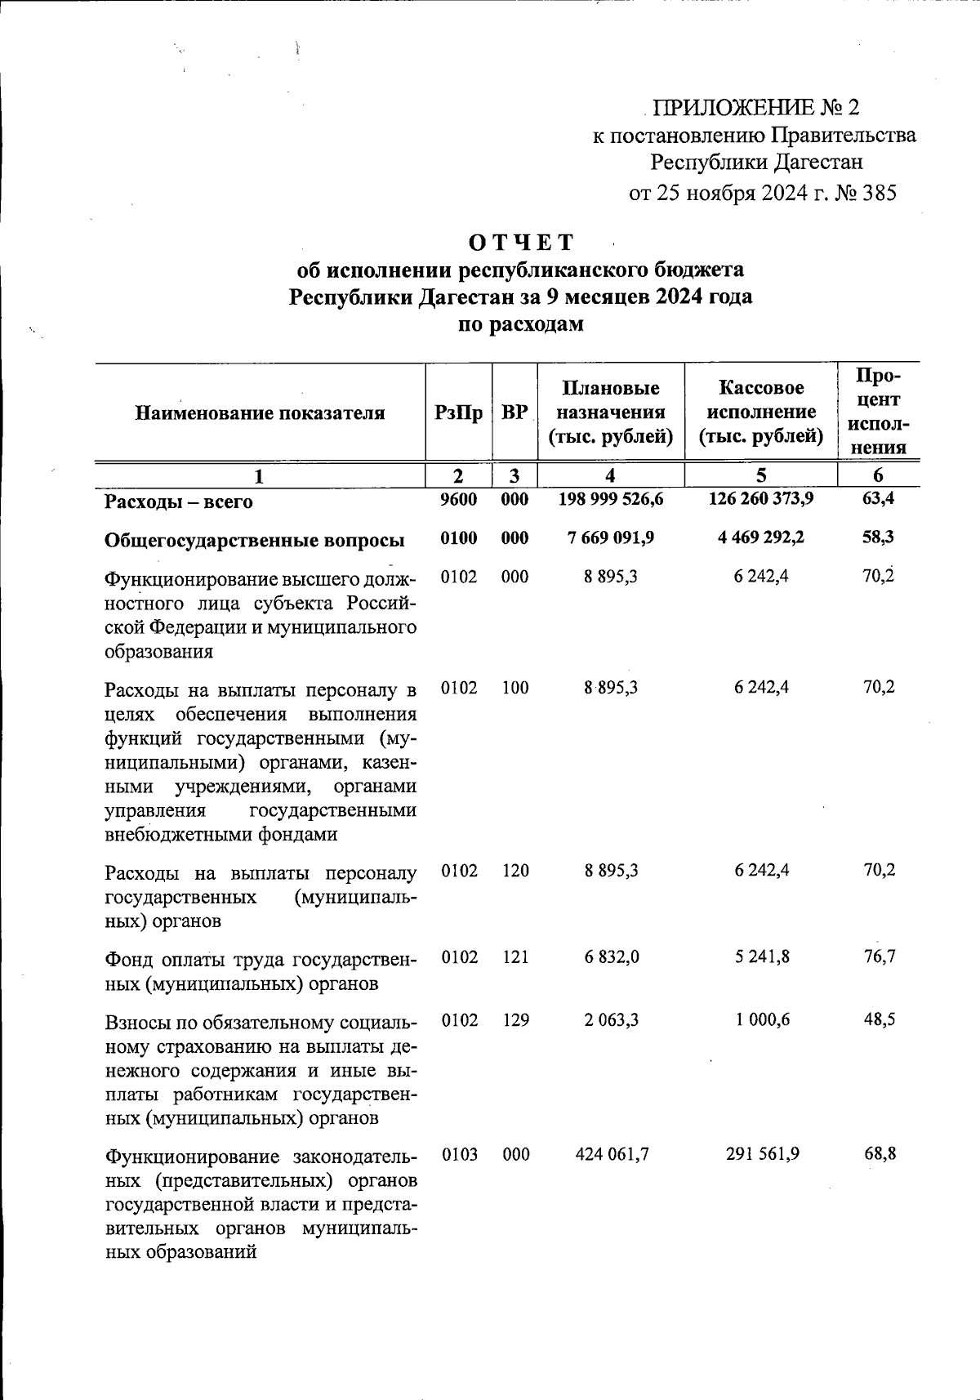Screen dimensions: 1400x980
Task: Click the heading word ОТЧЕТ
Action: tap(521, 243)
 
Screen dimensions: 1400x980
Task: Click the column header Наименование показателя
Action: tap(260, 413)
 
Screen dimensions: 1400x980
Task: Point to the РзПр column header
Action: tap(458, 413)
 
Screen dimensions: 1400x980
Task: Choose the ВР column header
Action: tap(514, 413)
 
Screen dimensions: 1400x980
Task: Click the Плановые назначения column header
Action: tap(610, 412)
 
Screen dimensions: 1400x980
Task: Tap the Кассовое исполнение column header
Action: tap(760, 412)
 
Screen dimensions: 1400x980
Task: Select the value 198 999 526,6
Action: tap(610, 498)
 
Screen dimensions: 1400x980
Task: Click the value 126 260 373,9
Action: tap(761, 498)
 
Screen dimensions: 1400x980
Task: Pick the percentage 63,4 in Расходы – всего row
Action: tap(879, 498)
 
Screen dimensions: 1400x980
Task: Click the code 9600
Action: tap(458, 499)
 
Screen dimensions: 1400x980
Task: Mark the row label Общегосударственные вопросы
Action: tap(255, 540)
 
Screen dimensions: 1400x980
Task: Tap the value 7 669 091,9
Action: tap(610, 538)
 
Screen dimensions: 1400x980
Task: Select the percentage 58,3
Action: tap(879, 538)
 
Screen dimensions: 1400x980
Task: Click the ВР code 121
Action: tap(514, 957)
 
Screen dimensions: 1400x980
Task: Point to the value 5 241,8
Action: tap(761, 957)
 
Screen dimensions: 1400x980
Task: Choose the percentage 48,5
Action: tap(879, 1020)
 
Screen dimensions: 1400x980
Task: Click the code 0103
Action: tap(458, 1155)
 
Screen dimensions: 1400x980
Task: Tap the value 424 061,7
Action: tap(610, 1155)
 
